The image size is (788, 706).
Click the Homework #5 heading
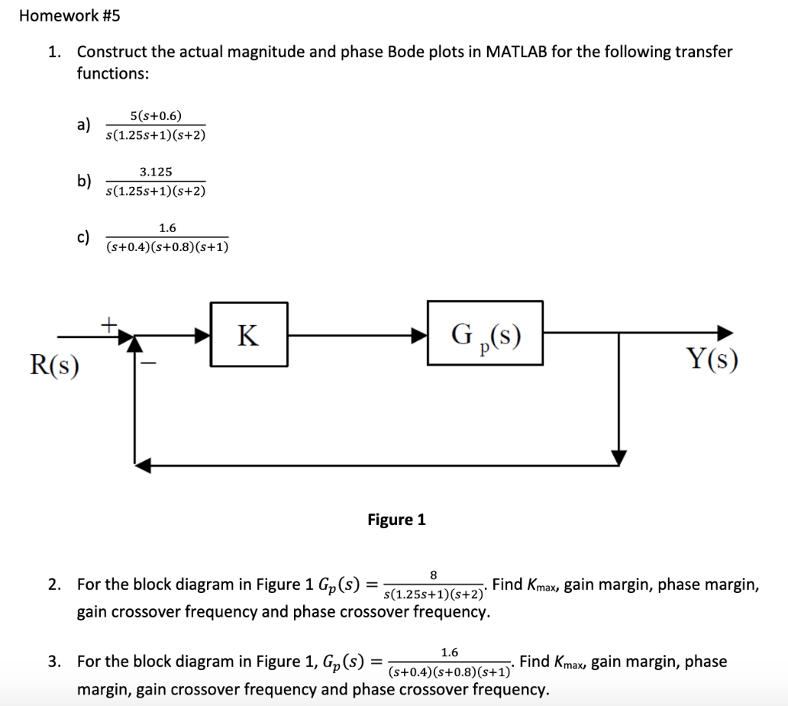coord(70,15)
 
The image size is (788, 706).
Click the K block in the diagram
coord(248,335)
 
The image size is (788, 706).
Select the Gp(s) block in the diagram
coord(485,335)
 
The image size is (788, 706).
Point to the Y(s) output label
coord(712,359)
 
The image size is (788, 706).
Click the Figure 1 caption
coord(396,520)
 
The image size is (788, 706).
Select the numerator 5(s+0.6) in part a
coord(156,116)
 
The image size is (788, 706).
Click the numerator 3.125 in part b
coord(155,172)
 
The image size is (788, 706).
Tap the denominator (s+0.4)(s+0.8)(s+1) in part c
coord(167,246)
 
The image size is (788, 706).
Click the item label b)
coord(84,182)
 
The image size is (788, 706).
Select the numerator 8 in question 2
coord(433,574)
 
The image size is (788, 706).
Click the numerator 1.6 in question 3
coord(450,651)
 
